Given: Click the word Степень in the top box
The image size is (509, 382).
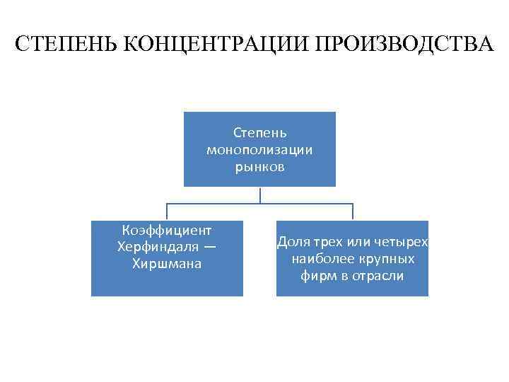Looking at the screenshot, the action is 259,132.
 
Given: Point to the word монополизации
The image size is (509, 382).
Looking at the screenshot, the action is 259,149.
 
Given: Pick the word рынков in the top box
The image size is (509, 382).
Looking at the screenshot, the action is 259,167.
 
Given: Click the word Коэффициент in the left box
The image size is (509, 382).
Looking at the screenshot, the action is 167,231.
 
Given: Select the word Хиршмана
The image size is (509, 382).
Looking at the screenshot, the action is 167,265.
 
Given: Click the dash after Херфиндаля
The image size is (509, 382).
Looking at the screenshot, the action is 210,248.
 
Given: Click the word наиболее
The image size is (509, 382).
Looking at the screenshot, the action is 319,259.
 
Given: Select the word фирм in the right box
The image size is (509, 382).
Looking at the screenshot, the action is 316,276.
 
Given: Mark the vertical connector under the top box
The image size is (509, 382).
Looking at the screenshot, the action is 259,195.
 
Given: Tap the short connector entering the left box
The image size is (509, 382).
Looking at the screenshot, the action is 167,212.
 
